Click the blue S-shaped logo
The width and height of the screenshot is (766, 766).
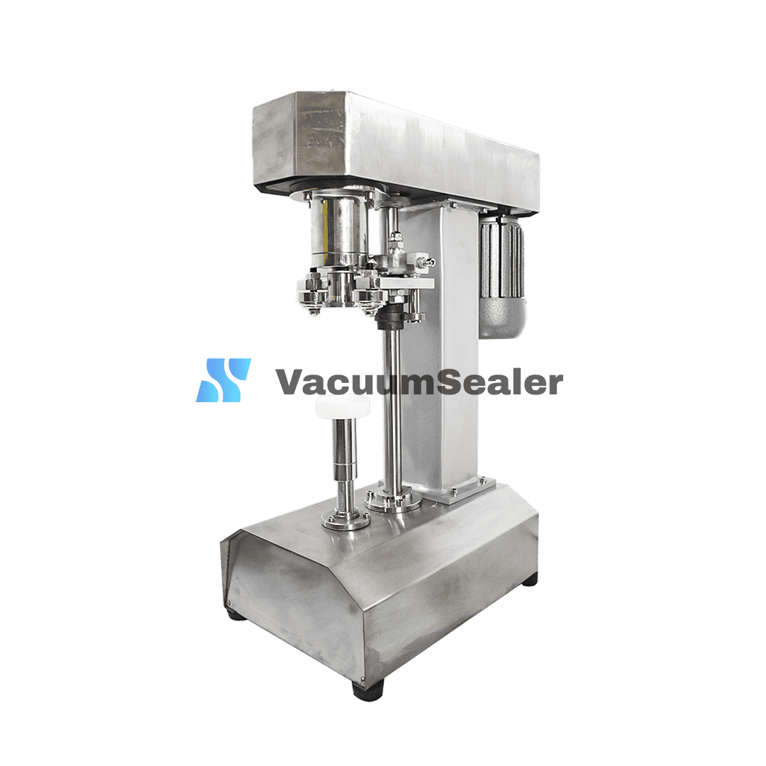[x=223, y=380]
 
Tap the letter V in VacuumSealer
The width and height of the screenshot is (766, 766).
[x=291, y=382]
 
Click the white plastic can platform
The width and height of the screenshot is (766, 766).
[x=343, y=406]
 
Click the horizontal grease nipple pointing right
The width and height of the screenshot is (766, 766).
[x=423, y=262]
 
